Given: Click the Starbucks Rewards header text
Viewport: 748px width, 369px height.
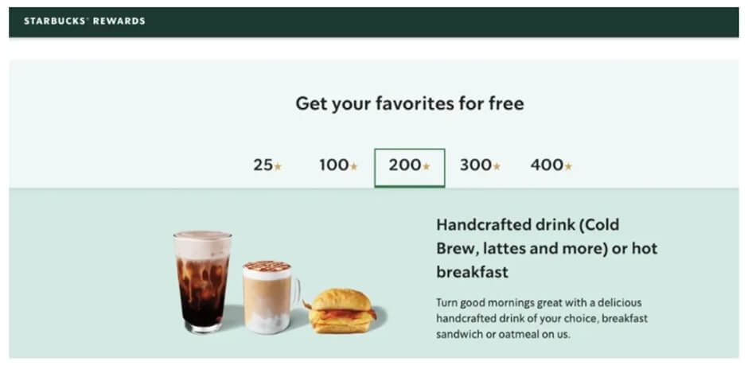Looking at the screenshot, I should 84,21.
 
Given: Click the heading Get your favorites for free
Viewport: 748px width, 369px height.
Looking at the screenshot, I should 409,103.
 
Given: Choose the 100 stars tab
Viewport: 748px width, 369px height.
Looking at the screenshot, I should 338,165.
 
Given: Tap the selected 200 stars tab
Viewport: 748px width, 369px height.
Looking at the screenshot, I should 409,166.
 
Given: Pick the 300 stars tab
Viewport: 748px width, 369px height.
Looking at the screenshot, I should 480,165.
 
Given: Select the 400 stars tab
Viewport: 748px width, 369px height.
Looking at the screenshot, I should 551,165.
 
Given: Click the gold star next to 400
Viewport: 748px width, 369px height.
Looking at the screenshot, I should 568,166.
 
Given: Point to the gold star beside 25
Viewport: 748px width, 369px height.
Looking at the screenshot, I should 278,166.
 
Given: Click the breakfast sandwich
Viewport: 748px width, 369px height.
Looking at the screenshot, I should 342,311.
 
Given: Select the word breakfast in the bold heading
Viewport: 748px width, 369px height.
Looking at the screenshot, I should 472,272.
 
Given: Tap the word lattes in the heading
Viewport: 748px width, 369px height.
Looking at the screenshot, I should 501,248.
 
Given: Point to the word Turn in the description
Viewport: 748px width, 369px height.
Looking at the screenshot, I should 447,302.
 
